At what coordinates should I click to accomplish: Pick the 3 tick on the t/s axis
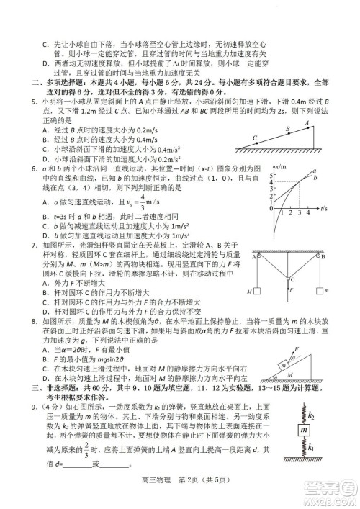tap(299, 214)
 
